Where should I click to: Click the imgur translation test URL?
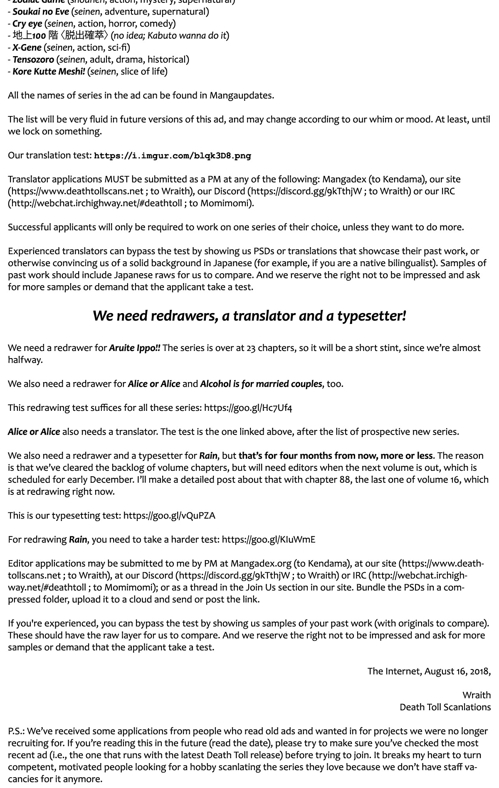pos(173,156)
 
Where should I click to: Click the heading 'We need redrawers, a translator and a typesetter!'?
pos(249,316)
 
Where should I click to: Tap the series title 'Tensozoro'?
pos(33,59)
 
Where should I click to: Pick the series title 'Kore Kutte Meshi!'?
pos(49,72)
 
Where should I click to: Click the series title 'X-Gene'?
pos(27,47)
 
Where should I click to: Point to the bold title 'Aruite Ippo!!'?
pos(135,348)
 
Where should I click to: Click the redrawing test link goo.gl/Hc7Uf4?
pos(248,408)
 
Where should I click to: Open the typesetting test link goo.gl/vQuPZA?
pos(169,516)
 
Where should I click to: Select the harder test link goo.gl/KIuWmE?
pos(269,540)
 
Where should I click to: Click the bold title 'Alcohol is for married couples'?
pos(261,384)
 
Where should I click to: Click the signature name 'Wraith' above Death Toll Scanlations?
pos(476,695)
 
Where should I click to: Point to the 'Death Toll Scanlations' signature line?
pos(445,707)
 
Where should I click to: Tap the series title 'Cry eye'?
pos(27,24)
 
